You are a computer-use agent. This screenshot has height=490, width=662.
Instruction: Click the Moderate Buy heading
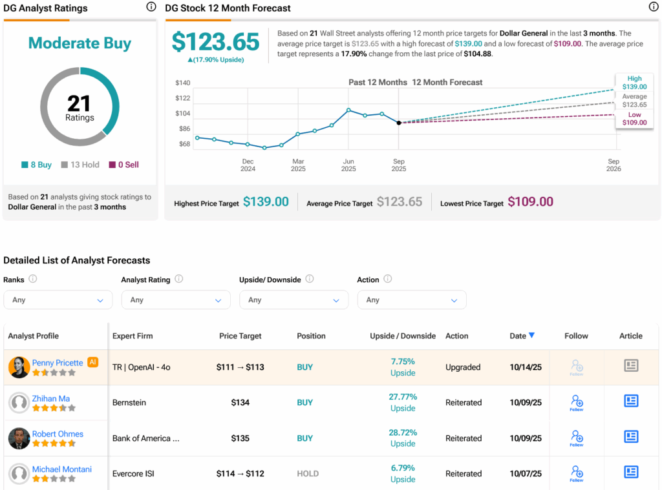pyautogui.click(x=80, y=43)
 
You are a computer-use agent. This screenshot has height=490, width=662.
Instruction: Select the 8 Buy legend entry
pyautogui.click(x=37, y=165)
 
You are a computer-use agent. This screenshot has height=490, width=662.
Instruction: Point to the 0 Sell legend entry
pyautogui.click(x=123, y=165)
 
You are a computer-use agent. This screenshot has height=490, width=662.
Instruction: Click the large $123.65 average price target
pyautogui.click(x=215, y=42)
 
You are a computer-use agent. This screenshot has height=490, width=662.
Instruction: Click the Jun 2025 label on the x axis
pyautogui.click(x=348, y=165)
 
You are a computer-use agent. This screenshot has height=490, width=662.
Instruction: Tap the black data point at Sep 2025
pyautogui.click(x=399, y=123)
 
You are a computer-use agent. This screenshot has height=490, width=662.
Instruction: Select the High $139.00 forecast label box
pyautogui.click(x=634, y=83)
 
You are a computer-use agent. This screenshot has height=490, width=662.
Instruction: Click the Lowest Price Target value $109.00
pyautogui.click(x=530, y=202)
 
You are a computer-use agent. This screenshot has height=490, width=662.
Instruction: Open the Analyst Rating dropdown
pyautogui.click(x=175, y=300)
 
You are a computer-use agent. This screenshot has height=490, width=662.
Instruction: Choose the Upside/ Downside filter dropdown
pyautogui.click(x=294, y=300)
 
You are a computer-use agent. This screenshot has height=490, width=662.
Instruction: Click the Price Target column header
pyautogui.click(x=240, y=336)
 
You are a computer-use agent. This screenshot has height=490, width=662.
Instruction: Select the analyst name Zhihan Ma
pyautogui.click(x=51, y=398)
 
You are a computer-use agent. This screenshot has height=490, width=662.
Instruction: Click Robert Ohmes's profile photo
pyautogui.click(x=19, y=438)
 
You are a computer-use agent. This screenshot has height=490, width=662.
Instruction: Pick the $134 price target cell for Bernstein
pyautogui.click(x=240, y=403)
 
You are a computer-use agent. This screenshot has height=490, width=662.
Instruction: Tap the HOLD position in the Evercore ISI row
pyautogui.click(x=308, y=474)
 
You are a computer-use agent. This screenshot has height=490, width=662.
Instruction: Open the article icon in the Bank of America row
pyautogui.click(x=631, y=437)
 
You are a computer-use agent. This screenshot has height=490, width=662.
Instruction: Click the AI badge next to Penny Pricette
pyautogui.click(x=92, y=362)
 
